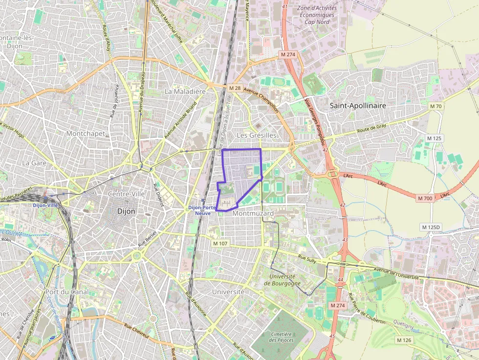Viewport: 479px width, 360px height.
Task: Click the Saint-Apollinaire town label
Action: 358,106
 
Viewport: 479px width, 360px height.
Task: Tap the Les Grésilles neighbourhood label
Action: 256,135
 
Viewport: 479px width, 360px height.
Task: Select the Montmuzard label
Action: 253,213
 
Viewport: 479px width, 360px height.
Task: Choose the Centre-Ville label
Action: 126,194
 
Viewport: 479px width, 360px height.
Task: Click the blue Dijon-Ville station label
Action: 45,205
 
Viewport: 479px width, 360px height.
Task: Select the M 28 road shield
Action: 235,88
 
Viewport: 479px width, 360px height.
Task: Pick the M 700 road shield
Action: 425,198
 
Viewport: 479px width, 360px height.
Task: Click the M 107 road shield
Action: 220,243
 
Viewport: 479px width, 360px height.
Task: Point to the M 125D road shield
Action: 431,227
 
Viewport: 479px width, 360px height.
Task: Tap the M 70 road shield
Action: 435,106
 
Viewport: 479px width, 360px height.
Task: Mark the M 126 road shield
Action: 404,340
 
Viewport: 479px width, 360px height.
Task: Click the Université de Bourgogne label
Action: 281,279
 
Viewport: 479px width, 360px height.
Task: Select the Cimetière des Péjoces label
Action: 280,336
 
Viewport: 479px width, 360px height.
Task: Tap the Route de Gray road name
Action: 371,128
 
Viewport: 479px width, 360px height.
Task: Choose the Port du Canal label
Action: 66,292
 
